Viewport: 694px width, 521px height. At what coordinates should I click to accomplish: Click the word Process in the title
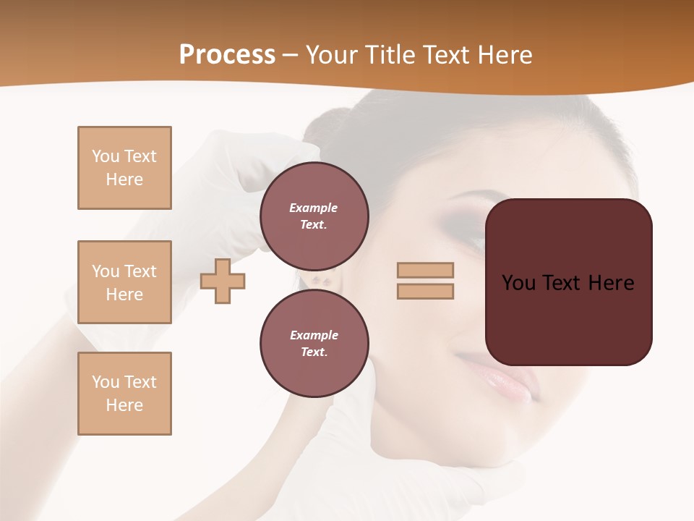point(227,55)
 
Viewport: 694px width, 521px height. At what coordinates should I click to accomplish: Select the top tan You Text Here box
point(124,168)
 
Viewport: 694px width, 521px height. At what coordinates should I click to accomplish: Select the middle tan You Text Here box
point(124,282)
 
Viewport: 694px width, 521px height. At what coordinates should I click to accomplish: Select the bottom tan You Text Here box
point(124,394)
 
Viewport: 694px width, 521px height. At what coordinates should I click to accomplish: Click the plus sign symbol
point(223,281)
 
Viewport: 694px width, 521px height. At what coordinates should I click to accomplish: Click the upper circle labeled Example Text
point(314,216)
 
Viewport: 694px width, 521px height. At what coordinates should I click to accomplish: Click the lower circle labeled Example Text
point(314,344)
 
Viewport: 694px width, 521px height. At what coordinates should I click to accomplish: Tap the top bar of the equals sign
point(426,270)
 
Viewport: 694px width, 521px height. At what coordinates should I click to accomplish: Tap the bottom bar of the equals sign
point(426,292)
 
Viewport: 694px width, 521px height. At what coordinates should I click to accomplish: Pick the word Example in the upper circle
point(314,208)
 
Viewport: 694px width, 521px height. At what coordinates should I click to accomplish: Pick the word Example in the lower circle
point(314,335)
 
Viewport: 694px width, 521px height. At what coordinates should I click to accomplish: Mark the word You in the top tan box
point(106,156)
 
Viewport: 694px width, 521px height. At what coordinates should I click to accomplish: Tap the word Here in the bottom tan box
point(124,405)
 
